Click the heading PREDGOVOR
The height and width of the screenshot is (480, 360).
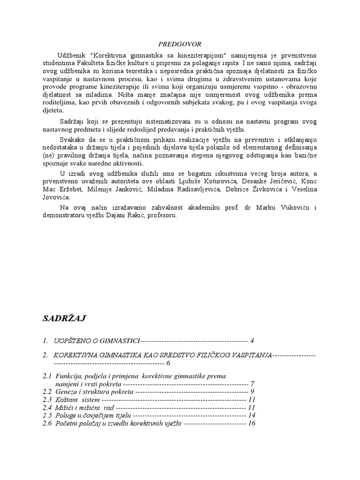pos(180,45)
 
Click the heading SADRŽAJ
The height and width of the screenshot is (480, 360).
pos(64,318)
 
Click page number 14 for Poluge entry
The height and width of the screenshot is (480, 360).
pos(251,415)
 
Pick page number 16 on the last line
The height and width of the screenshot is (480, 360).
pos(252,423)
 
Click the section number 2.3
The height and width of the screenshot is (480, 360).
pos(46,399)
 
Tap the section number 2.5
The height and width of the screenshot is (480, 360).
pos(46,415)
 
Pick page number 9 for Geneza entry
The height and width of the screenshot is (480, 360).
pos(252,391)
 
